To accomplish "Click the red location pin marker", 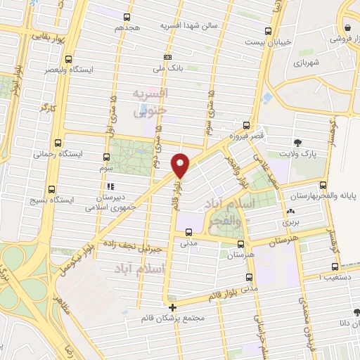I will click(181, 166).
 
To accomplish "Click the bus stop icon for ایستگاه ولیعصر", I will click(68, 60).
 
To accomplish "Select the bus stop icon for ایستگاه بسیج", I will click(51, 188).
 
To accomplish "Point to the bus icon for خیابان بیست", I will click(268, 31).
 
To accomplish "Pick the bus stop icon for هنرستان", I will click(241, 245).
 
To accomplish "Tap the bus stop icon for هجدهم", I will click(127, 17).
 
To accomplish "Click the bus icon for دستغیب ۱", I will click(335, 266).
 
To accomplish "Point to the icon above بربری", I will click(290, 211).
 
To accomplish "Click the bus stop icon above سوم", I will click(107, 157).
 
